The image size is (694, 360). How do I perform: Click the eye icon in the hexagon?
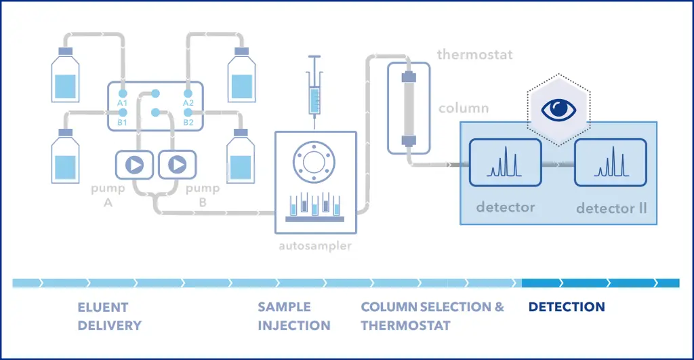click(x=559, y=108)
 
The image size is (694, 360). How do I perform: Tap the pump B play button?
click(x=177, y=164)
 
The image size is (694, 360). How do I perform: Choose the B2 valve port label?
click(x=188, y=123)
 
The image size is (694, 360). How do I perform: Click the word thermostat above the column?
click(x=474, y=54)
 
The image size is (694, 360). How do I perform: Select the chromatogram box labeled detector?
click(x=506, y=163)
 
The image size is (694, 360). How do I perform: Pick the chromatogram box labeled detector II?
click(x=610, y=163)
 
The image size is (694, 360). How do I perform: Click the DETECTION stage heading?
click(x=567, y=307)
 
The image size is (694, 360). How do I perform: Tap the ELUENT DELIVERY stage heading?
click(x=109, y=316)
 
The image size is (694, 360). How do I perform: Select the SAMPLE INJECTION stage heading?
click(x=293, y=316)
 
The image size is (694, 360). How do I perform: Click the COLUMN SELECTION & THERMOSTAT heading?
click(x=432, y=316)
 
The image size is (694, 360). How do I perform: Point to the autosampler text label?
click(x=315, y=246)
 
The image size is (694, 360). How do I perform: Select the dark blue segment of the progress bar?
click(x=600, y=283)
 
